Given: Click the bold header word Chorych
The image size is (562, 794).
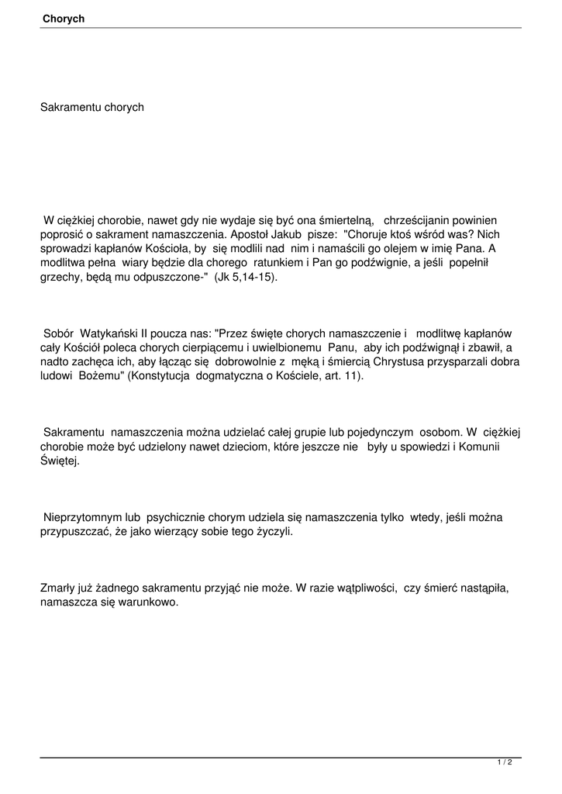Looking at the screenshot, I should tap(64, 18).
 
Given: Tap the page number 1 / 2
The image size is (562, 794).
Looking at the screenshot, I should tap(505, 763).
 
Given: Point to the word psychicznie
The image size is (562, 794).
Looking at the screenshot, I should tap(176, 518).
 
